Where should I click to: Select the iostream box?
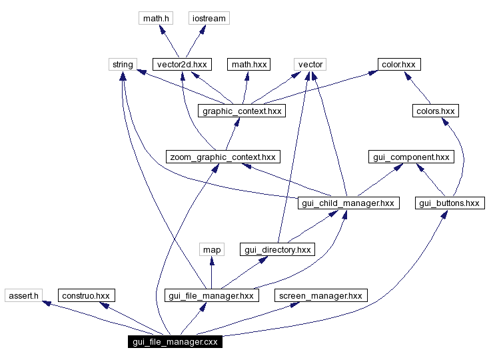tap(209, 19)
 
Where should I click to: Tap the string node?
tap(122, 65)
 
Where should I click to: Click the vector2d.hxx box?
tap(181, 65)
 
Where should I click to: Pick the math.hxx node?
tap(248, 65)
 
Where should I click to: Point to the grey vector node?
tap(310, 65)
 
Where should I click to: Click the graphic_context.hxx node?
tap(243, 111)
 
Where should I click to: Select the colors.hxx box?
tap(434, 111)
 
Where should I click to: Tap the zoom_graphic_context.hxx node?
tap(223, 157)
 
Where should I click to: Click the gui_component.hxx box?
tap(410, 157)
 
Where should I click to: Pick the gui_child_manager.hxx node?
tap(348, 203)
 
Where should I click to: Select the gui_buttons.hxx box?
tap(449, 203)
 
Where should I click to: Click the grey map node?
tap(211, 249)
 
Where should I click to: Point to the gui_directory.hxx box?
tap(277, 249)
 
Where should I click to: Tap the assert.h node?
tap(24, 295)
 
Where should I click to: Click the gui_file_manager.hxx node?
tap(211, 295)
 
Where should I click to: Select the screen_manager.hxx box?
tap(320, 295)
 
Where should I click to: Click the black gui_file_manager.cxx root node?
tap(175, 342)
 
